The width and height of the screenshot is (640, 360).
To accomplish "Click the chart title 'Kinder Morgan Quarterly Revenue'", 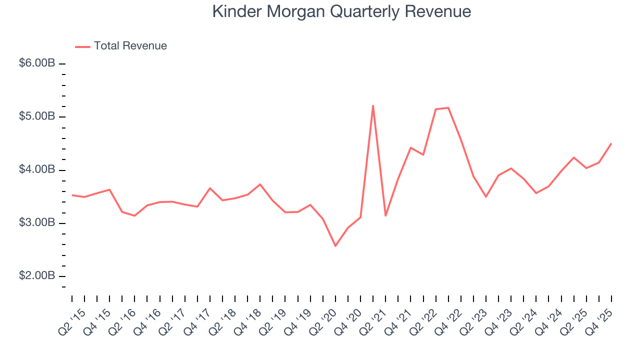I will pyautogui.click(x=341, y=11).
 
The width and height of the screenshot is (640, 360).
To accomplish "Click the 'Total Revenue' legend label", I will pyautogui.click(x=130, y=46).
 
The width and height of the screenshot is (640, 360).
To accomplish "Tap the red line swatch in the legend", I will pyautogui.click(x=82, y=46).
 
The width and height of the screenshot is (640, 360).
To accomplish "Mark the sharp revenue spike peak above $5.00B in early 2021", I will pyautogui.click(x=373, y=105).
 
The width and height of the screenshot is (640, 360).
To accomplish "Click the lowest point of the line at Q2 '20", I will pyautogui.click(x=335, y=246).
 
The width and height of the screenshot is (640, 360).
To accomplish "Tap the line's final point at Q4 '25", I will pyautogui.click(x=611, y=143).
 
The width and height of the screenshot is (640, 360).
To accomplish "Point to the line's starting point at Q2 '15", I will pyautogui.click(x=72, y=195).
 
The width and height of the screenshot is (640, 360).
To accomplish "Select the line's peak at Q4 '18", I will pyautogui.click(x=260, y=184).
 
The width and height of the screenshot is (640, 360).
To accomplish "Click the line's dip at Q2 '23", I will pyautogui.click(x=486, y=196).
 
